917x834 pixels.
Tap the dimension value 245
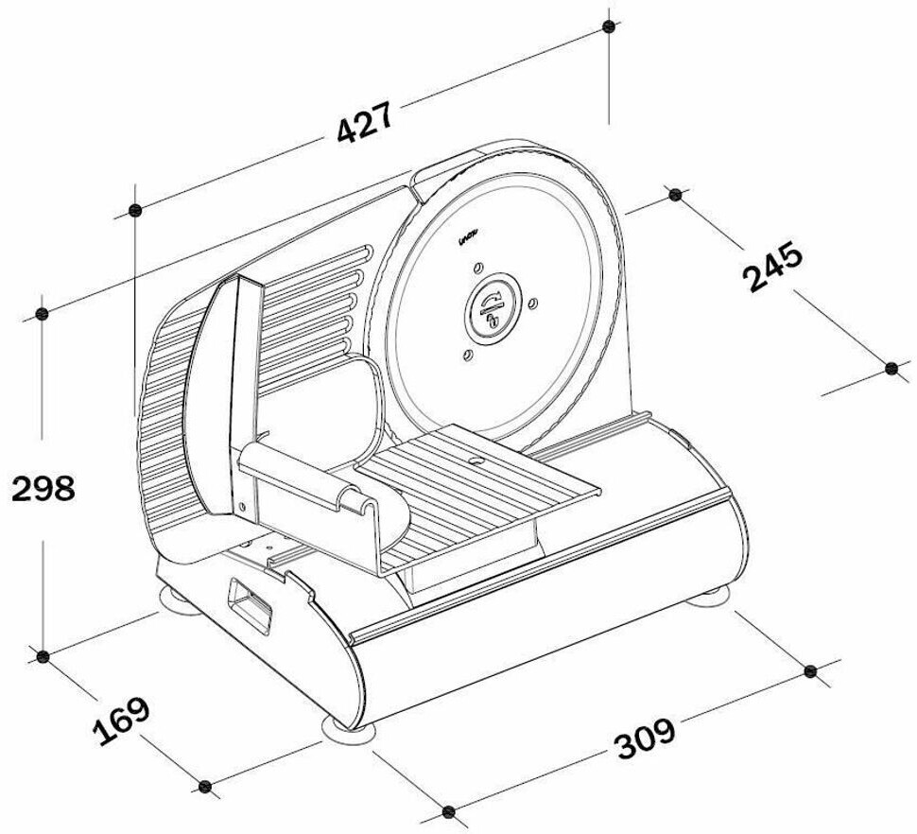click(773, 268)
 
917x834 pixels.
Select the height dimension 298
click(43, 489)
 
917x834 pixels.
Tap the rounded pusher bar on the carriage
click(301, 477)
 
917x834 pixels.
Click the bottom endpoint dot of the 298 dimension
click(42, 654)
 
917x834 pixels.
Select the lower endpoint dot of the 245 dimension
click(891, 368)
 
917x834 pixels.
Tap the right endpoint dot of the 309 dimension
click(810, 670)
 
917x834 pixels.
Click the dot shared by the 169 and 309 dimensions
click(449, 811)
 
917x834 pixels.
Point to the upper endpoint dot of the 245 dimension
click(674, 195)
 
